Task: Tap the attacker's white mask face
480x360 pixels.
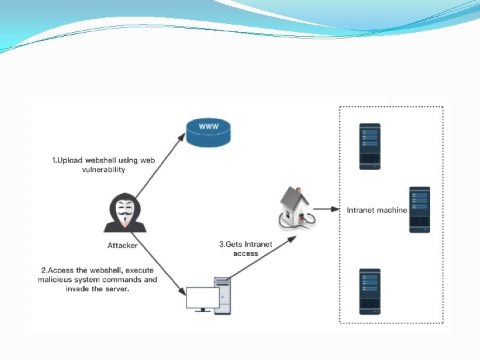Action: pyautogui.click(x=123, y=213)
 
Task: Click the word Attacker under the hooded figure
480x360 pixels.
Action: pyautogui.click(x=123, y=245)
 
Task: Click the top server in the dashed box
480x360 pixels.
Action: pyautogui.click(x=369, y=146)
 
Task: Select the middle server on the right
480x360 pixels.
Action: pyautogui.click(x=419, y=209)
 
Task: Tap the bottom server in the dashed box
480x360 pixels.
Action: pyautogui.click(x=369, y=291)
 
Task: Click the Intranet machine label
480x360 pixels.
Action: pyautogui.click(x=377, y=210)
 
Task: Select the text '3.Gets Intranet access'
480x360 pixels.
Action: pyautogui.click(x=245, y=249)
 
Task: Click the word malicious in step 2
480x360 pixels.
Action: pyautogui.click(x=56, y=280)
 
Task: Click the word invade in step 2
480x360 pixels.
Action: pyautogui.click(x=77, y=289)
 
